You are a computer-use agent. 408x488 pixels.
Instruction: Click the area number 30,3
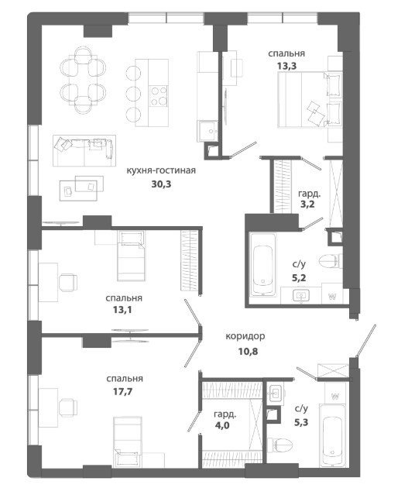(x=161, y=184)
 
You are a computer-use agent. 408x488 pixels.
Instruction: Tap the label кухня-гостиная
(x=161, y=170)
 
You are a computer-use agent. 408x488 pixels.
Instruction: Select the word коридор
(x=245, y=336)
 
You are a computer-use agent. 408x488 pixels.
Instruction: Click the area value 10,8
(x=249, y=352)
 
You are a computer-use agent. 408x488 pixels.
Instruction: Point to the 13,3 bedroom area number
(x=286, y=66)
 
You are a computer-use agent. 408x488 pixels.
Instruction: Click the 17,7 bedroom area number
(x=122, y=391)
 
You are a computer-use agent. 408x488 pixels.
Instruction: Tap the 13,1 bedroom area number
(x=122, y=310)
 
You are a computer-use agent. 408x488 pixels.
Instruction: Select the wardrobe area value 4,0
(x=222, y=425)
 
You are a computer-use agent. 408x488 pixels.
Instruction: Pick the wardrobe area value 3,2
(x=307, y=204)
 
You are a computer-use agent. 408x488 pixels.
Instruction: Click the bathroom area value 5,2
(x=299, y=277)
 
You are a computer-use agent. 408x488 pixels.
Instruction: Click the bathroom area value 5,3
(x=301, y=422)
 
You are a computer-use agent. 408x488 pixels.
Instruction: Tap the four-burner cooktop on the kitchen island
(x=159, y=96)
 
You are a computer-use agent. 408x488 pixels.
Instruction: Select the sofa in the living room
(x=84, y=150)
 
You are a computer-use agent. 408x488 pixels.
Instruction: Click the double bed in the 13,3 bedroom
(x=310, y=100)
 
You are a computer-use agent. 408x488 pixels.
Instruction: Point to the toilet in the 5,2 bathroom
(x=331, y=262)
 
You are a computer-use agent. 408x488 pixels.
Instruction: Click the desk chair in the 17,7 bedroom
(x=68, y=407)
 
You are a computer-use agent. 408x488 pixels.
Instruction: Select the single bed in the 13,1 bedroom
(x=132, y=256)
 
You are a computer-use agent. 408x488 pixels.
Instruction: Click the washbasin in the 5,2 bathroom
(x=301, y=296)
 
